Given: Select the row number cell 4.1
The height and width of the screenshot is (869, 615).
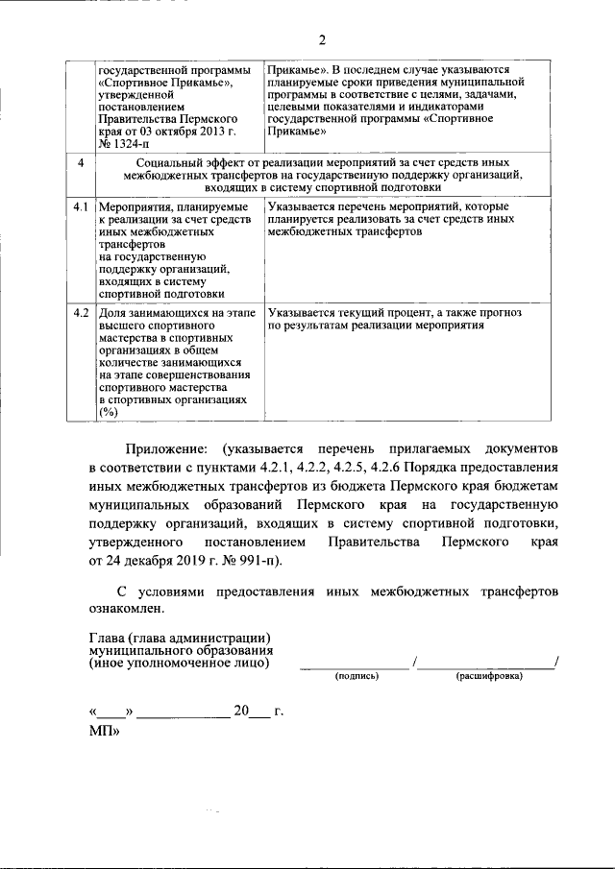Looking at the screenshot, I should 82,206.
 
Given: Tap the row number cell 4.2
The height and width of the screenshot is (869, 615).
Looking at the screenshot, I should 82,312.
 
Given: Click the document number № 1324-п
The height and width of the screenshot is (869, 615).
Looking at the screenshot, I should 125,144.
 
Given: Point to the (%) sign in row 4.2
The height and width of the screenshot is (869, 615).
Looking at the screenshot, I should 108,412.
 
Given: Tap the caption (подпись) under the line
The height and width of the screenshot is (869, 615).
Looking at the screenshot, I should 357,676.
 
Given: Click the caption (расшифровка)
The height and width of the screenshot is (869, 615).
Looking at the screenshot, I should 489,676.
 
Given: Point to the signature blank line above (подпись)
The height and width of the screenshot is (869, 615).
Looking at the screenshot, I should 355,665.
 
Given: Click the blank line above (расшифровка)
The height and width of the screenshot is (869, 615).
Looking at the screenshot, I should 487,665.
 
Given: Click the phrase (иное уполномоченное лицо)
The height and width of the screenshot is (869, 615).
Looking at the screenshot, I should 179,663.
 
